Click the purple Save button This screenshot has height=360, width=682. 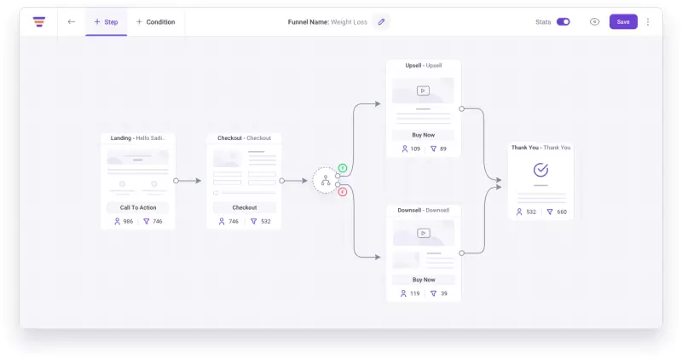point(623,22)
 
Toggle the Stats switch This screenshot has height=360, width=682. point(564,22)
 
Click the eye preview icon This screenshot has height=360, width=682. point(594,22)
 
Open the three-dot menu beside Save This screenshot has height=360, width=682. point(648,22)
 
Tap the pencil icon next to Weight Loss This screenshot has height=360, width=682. point(381,22)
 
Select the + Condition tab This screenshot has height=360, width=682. point(156,22)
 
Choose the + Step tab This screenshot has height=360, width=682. point(106,22)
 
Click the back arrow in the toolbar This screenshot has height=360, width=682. point(72,22)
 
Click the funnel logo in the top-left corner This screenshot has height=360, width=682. point(39,22)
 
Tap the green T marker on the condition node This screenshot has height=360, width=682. point(343,168)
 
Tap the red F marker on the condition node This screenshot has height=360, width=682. point(343,192)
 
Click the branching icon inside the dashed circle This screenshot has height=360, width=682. point(326,180)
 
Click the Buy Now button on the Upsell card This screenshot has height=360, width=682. point(423,135)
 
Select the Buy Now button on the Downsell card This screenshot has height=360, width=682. point(423,280)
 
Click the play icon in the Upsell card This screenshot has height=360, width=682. point(423,90)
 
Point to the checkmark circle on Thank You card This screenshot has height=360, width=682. point(540,170)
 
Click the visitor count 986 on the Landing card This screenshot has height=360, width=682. point(128,221)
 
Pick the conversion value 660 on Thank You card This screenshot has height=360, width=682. point(562,212)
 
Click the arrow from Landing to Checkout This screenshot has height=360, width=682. point(188,181)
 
